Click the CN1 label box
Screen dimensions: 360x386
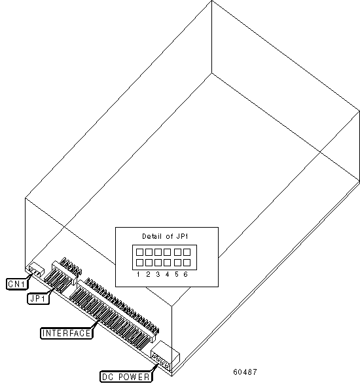[16, 284]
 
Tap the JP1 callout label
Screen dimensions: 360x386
[38, 298]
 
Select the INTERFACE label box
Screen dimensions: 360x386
[67, 333]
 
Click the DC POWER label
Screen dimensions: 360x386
[126, 377]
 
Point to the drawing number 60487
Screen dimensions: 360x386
[245, 372]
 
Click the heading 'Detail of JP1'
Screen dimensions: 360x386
[165, 236]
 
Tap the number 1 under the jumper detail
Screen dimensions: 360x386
[138, 274]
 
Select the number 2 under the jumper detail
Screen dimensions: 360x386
[148, 274]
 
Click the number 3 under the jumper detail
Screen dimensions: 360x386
[158, 274]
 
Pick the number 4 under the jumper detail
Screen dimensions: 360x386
[167, 274]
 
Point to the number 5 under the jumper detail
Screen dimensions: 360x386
[177, 274]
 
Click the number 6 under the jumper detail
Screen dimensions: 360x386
[186, 274]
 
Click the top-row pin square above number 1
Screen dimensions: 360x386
[139, 252]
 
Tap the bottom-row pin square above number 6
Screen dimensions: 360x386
[187, 262]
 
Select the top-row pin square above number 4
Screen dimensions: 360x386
[167, 252]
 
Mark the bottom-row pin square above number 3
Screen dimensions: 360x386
[158, 262]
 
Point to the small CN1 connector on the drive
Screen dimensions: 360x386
[37, 269]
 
